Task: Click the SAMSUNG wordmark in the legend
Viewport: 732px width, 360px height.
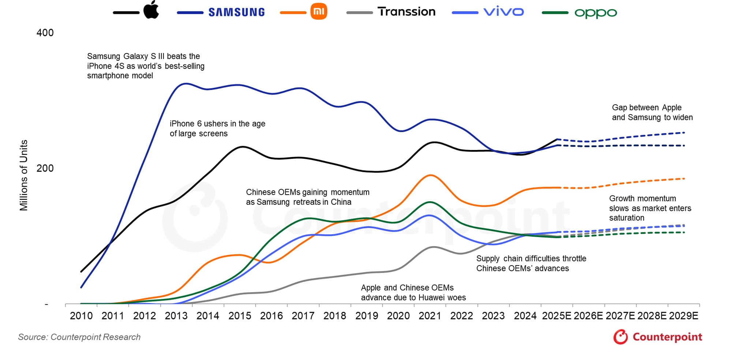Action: pyautogui.click(x=236, y=12)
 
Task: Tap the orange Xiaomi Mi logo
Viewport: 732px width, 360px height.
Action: pyautogui.click(x=318, y=12)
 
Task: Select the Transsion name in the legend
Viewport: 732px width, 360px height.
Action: pyautogui.click(x=406, y=12)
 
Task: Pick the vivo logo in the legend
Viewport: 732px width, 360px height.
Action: pyautogui.click(x=504, y=12)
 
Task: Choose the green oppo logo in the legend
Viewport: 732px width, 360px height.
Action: pyautogui.click(x=595, y=13)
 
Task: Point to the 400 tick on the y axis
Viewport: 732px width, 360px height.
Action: pyautogui.click(x=45, y=33)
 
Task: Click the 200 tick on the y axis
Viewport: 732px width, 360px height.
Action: pyautogui.click(x=45, y=168)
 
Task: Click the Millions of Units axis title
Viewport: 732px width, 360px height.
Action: pyautogui.click(x=24, y=175)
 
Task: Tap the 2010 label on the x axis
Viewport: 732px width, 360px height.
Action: pyautogui.click(x=81, y=316)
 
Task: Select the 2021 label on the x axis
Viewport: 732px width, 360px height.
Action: pyautogui.click(x=430, y=316)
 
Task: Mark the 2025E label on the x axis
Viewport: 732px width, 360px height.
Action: pyautogui.click(x=556, y=316)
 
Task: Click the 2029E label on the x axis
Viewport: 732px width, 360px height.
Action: pyautogui.click(x=683, y=316)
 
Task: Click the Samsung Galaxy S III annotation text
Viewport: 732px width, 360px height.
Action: pyautogui.click(x=145, y=66)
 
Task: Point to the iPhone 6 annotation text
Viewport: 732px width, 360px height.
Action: pyautogui.click(x=217, y=128)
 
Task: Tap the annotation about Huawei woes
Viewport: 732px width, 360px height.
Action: pyautogui.click(x=413, y=292)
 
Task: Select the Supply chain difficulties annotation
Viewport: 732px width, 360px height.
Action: pyautogui.click(x=531, y=263)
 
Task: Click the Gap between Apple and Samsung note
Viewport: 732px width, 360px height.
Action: pyautogui.click(x=652, y=112)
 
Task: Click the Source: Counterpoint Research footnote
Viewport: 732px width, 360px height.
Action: pyautogui.click(x=79, y=337)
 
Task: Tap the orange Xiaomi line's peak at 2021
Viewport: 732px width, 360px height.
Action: pyautogui.click(x=430, y=175)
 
